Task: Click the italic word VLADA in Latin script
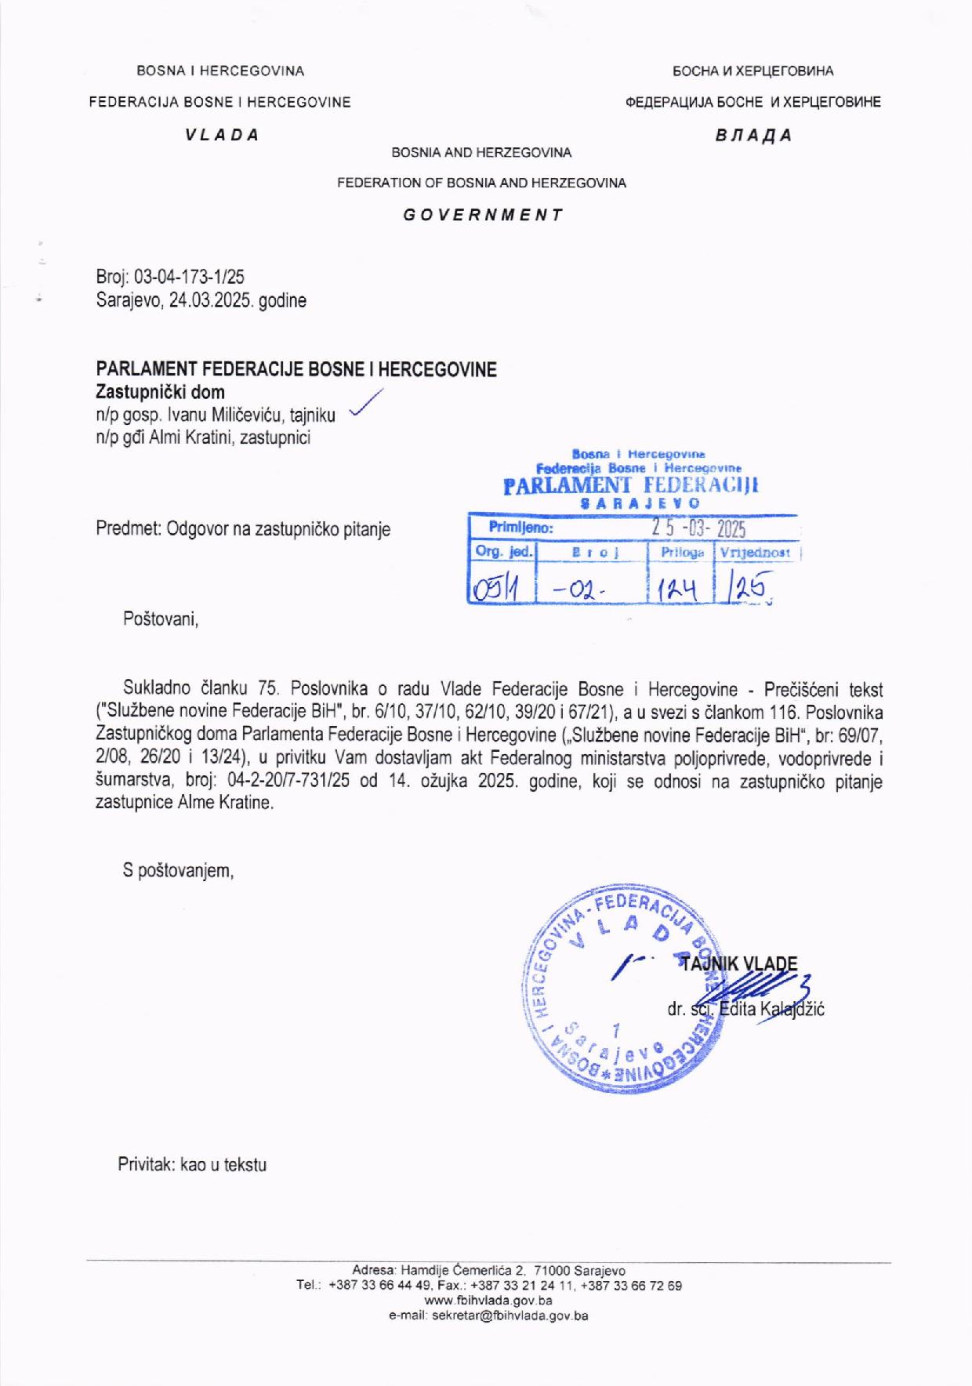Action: coord(222,134)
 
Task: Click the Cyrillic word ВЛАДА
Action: coord(753,135)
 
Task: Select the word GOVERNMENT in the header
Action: coord(483,215)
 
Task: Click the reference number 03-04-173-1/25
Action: coord(190,277)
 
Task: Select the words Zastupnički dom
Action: coord(160,392)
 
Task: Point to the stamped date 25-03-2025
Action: coord(699,529)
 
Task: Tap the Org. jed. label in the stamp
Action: coord(503,552)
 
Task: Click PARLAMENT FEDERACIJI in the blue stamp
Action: coord(631,486)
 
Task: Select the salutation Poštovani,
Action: coord(161,619)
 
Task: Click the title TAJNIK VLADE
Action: coord(738,964)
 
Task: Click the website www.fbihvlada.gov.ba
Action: coord(488,1301)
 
